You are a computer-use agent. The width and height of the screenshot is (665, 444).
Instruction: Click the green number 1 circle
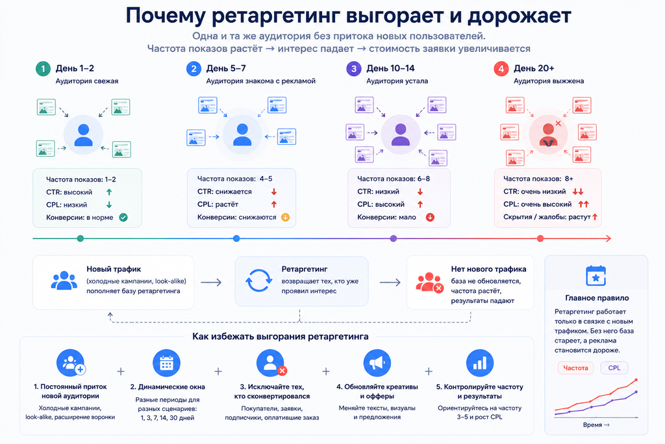(x=43, y=69)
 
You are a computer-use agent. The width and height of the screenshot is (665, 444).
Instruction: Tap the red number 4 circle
(x=501, y=69)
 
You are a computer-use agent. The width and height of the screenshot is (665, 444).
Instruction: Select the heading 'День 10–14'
(x=390, y=68)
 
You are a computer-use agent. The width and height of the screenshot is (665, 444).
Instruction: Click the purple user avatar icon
(x=400, y=135)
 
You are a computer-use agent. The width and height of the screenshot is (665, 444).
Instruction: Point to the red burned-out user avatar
(x=548, y=135)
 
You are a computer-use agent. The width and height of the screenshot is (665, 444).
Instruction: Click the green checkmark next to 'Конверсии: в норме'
(x=123, y=217)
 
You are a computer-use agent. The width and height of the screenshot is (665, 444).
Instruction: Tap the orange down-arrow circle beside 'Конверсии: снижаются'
(x=286, y=217)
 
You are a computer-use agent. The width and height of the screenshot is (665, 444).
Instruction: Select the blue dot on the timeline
(x=236, y=239)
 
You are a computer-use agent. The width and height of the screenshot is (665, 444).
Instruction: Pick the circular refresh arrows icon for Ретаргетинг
(x=258, y=281)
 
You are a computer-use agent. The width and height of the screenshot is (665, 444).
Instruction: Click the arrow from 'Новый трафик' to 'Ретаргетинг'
(x=211, y=282)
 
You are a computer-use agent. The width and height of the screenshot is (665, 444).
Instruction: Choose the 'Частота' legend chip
(x=575, y=368)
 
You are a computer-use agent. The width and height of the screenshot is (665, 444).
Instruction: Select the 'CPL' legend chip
(x=614, y=368)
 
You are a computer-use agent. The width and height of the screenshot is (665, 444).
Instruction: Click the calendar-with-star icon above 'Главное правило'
(x=596, y=276)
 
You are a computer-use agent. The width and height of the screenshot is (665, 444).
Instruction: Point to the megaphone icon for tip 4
(x=377, y=363)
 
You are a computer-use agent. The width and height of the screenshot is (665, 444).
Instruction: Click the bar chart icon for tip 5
(x=480, y=363)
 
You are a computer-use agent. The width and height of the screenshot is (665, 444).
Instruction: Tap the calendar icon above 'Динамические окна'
(x=166, y=363)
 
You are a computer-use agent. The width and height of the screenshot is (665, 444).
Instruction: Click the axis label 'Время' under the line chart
(x=592, y=425)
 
